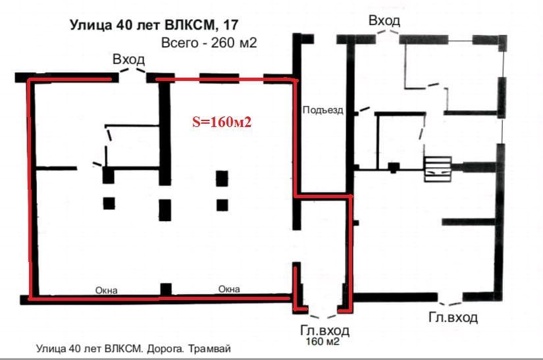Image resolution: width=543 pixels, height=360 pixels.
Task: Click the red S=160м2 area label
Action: (x=222, y=122)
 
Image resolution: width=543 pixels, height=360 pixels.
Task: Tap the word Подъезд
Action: (x=323, y=110)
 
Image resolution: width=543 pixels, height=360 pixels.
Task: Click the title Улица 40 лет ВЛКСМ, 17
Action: (x=154, y=25)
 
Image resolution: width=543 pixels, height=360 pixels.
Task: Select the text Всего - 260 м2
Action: (x=209, y=43)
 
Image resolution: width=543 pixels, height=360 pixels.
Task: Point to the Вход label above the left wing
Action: (x=128, y=59)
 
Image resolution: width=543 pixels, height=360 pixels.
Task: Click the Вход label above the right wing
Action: (x=384, y=21)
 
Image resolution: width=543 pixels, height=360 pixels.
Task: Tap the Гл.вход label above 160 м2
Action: (x=324, y=330)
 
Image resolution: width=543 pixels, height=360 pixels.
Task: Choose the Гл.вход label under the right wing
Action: (x=453, y=317)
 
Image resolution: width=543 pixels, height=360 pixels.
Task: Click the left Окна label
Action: (x=107, y=290)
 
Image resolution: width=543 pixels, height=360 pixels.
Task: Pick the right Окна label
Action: (x=229, y=289)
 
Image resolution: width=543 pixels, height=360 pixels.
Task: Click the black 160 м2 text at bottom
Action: (x=323, y=342)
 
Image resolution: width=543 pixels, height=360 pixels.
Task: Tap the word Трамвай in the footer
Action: (x=209, y=348)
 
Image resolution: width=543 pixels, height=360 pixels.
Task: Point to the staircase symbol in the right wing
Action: (x=438, y=169)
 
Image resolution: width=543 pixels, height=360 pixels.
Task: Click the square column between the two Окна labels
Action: (x=166, y=290)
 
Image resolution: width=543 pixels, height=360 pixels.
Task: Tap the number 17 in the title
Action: (x=231, y=25)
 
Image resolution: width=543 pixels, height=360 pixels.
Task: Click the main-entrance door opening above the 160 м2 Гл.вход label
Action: (x=323, y=316)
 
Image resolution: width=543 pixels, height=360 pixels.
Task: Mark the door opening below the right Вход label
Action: (x=387, y=32)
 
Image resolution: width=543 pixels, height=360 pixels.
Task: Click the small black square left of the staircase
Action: (x=394, y=168)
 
